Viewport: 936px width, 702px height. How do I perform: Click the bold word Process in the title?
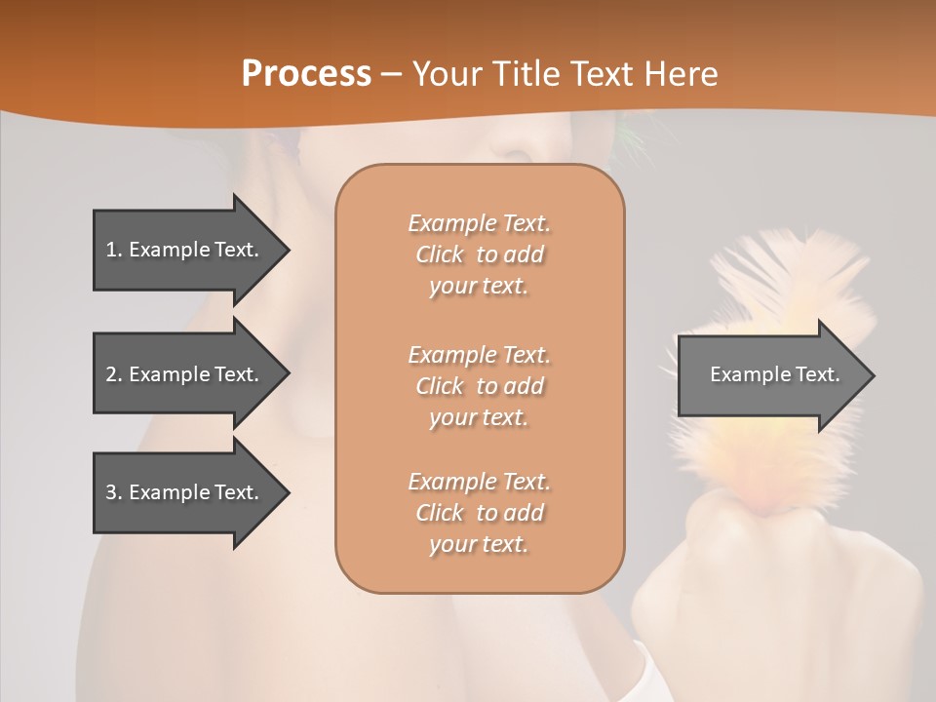click(x=306, y=74)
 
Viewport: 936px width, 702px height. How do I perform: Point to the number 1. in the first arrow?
click(x=114, y=250)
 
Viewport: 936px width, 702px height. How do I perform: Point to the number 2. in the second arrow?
click(x=114, y=374)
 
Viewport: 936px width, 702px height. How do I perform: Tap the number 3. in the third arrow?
click(x=114, y=492)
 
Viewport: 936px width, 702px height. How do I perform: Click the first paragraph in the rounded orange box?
click(x=479, y=254)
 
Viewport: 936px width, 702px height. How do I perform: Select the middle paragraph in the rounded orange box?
click(x=479, y=385)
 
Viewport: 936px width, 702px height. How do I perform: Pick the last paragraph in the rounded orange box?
click(x=479, y=513)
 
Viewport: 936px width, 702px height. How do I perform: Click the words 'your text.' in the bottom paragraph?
click(x=479, y=545)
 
